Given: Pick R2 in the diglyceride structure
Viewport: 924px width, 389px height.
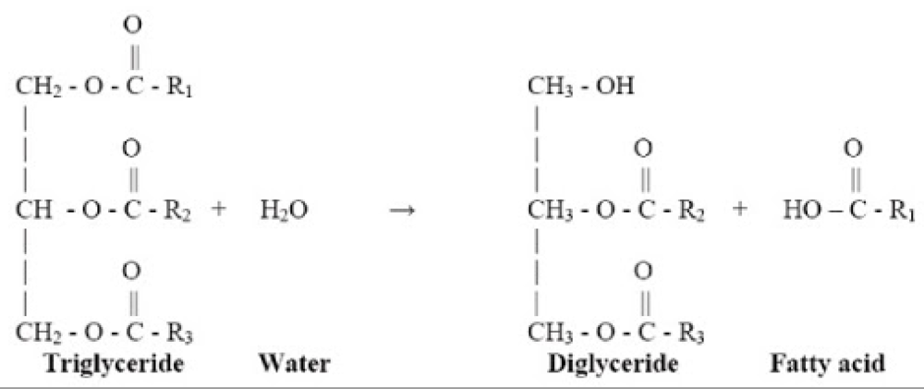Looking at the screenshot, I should [699, 211].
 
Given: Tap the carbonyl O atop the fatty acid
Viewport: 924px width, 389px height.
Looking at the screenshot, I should [852, 148].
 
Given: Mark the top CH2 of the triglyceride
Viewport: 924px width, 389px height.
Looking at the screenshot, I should [34, 89].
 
